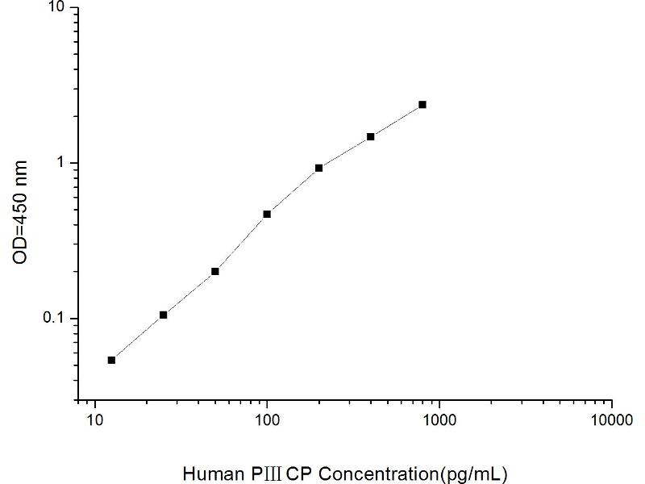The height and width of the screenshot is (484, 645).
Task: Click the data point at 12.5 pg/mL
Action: tap(111, 360)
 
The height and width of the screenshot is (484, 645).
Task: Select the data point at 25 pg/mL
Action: tap(164, 315)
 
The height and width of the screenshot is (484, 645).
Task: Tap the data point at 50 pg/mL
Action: tap(215, 271)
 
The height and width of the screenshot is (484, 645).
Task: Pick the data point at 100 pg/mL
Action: tap(267, 214)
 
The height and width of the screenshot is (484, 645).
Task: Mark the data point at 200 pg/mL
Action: tap(318, 168)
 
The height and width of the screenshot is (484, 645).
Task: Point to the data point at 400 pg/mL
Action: tap(371, 136)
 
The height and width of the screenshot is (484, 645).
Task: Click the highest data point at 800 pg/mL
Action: tap(422, 105)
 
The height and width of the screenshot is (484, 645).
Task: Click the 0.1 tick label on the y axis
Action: tap(59, 319)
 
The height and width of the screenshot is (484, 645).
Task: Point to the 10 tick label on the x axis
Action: tap(95, 419)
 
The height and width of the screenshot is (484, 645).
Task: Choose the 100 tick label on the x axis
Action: tap(267, 419)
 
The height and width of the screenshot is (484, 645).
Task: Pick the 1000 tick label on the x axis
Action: tap(439, 419)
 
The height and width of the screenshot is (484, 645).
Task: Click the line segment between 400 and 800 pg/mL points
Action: tap(397, 121)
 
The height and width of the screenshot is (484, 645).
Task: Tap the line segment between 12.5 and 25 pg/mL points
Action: tap(137, 337)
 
